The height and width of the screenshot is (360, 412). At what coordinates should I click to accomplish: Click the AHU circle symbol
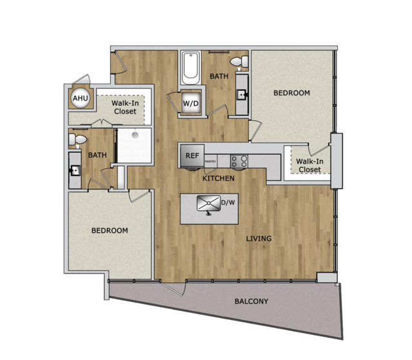(x=81, y=98)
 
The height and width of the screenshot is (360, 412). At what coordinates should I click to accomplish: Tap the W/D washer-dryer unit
(x=191, y=103)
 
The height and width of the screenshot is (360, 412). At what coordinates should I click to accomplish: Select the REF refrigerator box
(x=192, y=155)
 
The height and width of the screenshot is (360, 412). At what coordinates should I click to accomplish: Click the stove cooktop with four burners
(x=239, y=161)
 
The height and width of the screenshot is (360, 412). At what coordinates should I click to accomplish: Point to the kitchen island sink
(x=209, y=203)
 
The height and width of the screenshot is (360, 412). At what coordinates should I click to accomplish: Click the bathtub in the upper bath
(x=191, y=68)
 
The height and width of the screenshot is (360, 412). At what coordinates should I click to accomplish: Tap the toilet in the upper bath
(x=239, y=62)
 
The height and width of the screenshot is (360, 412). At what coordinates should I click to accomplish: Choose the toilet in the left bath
(x=77, y=139)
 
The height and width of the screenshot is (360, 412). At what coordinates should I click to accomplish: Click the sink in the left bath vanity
(x=75, y=171)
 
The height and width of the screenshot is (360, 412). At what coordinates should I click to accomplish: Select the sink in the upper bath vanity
(x=242, y=94)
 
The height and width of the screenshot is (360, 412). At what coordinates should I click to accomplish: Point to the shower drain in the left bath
(x=135, y=135)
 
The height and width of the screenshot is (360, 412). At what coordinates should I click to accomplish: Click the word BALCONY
(x=251, y=301)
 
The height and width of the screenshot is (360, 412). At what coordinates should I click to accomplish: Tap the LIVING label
(x=259, y=239)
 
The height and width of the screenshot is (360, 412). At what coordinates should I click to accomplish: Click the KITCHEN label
(x=219, y=178)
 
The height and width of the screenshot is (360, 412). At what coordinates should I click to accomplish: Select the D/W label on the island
(x=228, y=203)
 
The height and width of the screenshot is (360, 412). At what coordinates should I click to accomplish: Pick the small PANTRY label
(x=210, y=161)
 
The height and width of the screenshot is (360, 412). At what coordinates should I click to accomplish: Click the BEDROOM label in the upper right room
(x=291, y=93)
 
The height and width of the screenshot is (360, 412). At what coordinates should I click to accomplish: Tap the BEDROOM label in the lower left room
(x=110, y=230)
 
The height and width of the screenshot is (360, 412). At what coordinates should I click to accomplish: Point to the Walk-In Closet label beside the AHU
(x=125, y=107)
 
